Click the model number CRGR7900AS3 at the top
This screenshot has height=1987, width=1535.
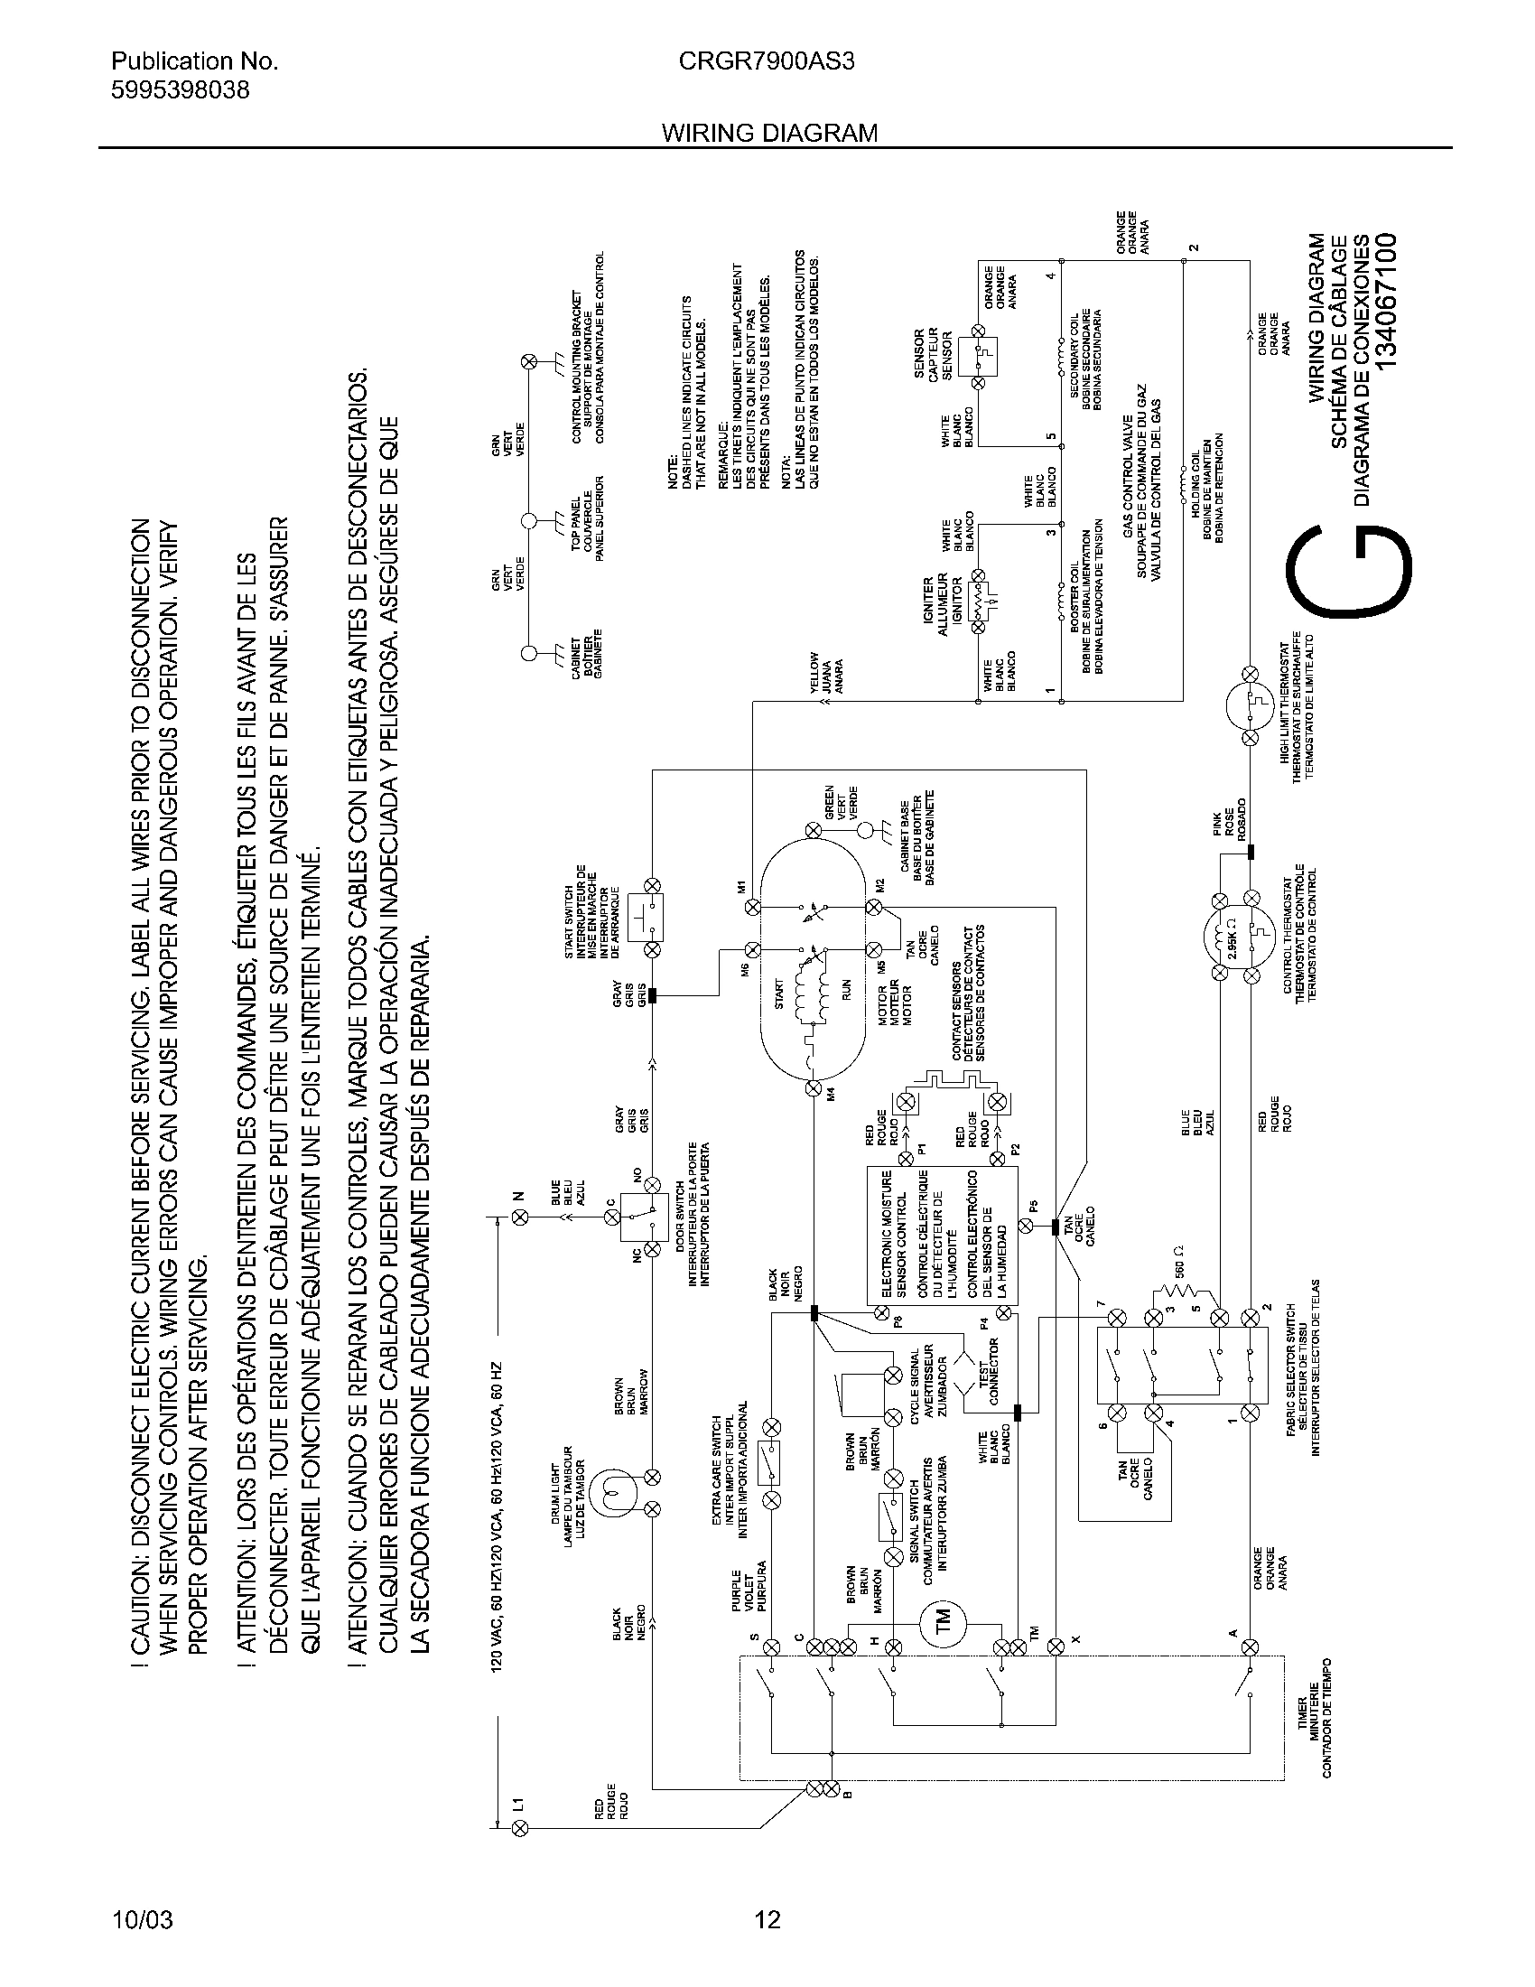coord(766,61)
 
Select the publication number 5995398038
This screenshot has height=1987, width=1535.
coord(180,90)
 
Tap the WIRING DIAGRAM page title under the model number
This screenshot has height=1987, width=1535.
coord(769,133)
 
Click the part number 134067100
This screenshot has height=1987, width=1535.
coord(1383,301)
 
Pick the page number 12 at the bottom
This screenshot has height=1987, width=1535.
coord(767,1919)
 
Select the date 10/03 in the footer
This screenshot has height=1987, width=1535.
coord(142,1919)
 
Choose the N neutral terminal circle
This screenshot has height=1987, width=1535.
coord(519,1220)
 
